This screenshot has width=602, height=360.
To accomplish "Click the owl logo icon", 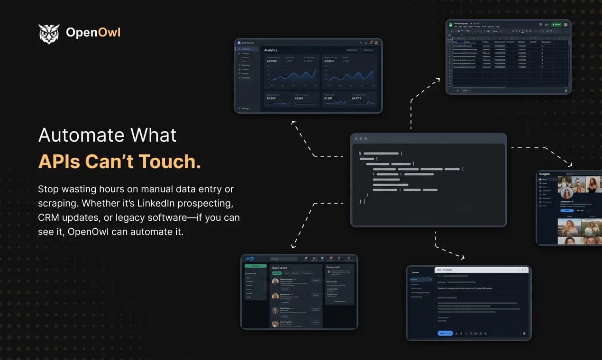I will pos(49,33).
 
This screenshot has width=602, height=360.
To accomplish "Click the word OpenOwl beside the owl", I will pos(93,33).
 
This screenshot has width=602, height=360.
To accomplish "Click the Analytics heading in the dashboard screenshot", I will pos(271,50).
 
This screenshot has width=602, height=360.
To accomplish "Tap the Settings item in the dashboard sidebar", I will pos(245,108).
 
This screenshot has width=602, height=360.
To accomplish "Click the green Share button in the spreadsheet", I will pos(556,24).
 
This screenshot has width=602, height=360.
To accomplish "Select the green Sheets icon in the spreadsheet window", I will pos(451,25).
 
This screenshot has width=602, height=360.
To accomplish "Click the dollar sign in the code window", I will pos(360,153).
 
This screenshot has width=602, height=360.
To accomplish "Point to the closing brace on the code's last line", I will pos(361,202).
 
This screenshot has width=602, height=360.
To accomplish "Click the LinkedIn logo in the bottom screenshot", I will pos(249,259).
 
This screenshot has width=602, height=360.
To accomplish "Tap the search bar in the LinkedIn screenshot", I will pos(283,259).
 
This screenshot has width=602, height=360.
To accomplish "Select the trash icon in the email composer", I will pos(524,333).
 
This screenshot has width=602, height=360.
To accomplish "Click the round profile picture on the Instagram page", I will pos(566,193).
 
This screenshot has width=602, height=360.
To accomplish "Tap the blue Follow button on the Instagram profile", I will pos(566,210).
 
